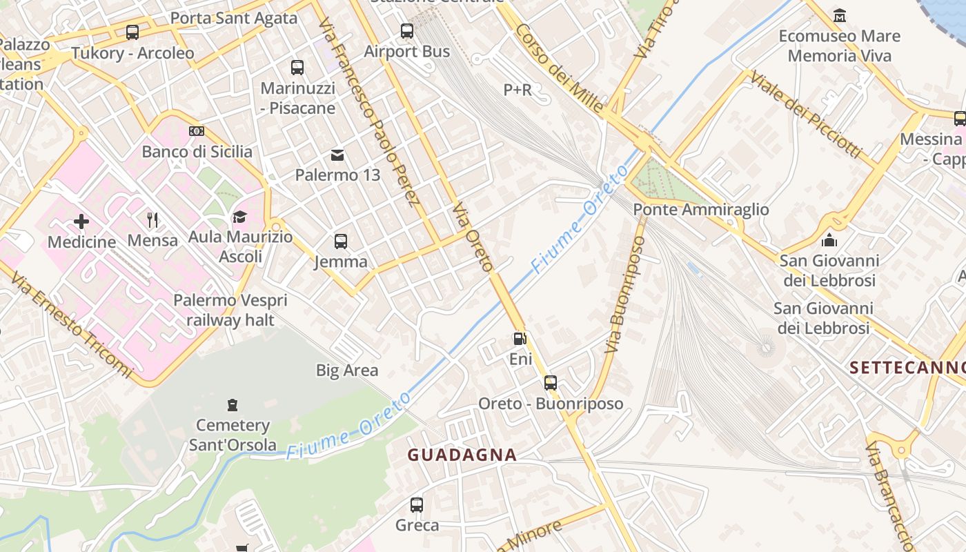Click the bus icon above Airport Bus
click(407, 31)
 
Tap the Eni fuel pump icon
click(520, 339)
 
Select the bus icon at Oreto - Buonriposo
click(550, 383)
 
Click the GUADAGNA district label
click(462, 455)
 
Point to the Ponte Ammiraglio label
click(700, 209)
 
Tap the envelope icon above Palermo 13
click(337, 155)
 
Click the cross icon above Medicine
click(81, 221)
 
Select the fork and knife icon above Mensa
click(152, 220)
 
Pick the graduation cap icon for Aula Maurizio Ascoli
click(239, 217)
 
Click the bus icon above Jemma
click(341, 241)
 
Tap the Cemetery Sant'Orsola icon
click(233, 405)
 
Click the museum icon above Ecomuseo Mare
click(840, 15)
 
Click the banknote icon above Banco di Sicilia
click(197, 131)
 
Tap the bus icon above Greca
click(417, 505)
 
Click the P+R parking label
click(517, 90)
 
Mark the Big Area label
click(347, 371)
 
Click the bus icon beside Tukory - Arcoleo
click(132, 32)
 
